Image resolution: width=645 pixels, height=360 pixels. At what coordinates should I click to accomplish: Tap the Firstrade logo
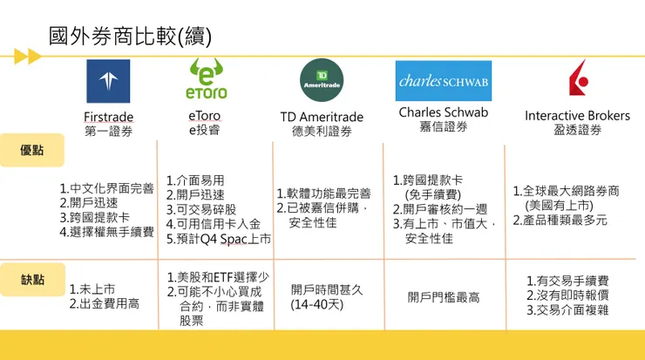[108, 82]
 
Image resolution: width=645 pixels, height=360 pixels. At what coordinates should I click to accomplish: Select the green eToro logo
[206, 78]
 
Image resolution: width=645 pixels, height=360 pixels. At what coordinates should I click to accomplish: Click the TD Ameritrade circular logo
[322, 80]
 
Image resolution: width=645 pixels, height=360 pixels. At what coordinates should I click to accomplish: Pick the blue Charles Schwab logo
[443, 81]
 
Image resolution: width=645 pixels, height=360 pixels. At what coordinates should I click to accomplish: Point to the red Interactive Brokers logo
[577, 78]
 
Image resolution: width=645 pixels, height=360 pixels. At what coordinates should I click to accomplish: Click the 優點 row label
[32, 150]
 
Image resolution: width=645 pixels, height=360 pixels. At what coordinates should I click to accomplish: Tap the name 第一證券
[109, 132]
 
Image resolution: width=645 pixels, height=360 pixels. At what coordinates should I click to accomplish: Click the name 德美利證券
[322, 132]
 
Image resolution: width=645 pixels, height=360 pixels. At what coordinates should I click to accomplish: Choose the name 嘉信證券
[443, 127]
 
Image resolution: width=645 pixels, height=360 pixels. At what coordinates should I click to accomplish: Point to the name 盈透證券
[577, 130]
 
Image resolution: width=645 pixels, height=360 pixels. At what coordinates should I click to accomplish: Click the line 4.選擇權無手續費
[106, 233]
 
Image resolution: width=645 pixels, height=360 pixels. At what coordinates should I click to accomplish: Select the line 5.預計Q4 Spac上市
[218, 238]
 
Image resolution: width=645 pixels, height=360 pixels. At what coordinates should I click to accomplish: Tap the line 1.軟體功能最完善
[323, 194]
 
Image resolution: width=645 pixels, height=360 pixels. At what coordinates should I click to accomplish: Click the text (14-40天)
[317, 305]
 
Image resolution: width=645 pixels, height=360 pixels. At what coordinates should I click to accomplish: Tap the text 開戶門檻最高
[444, 297]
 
